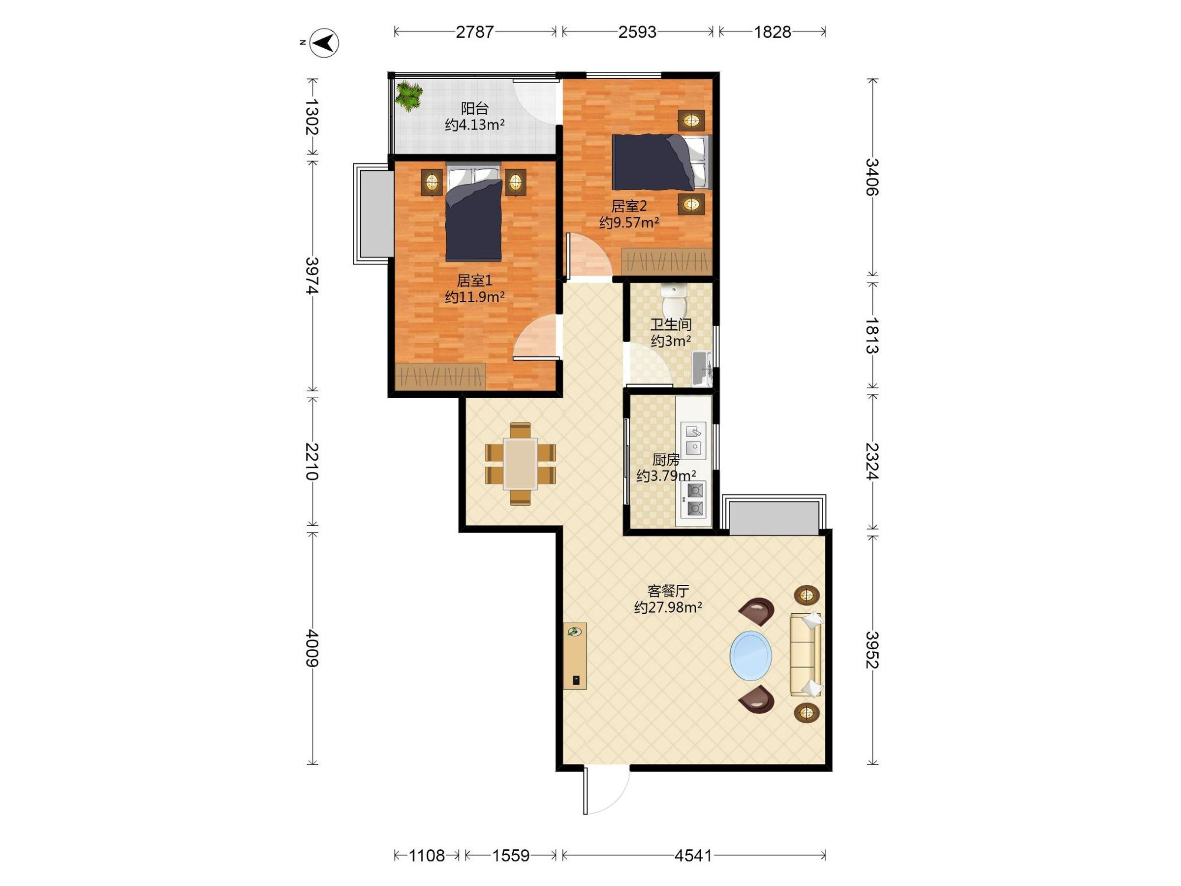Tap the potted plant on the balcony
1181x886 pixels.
point(409,95)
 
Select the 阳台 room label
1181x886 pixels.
point(475,108)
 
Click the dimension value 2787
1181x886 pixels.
point(475,32)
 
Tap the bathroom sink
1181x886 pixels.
point(702,369)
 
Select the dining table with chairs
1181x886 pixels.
point(521,464)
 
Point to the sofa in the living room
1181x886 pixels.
point(806,654)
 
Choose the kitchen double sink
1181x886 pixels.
point(693,440)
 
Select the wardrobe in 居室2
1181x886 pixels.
point(667,262)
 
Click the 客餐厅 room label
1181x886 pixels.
point(668,591)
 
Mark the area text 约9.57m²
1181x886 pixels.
point(629,222)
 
